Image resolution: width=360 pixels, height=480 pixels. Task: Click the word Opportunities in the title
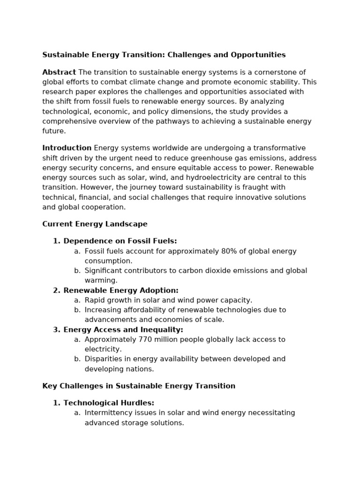tap(258, 55)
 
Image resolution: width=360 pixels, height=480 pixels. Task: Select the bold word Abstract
tap(59, 72)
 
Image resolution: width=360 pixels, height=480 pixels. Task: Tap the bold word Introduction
tap(67, 148)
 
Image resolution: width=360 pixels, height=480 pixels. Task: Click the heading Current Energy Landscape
tap(95, 224)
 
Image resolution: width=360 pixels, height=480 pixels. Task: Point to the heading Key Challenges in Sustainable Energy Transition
tap(139, 386)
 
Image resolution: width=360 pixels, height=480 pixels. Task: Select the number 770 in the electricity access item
tap(146, 339)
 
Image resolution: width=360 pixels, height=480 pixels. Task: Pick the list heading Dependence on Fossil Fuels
tap(120, 241)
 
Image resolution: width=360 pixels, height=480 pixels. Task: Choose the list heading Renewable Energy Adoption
tap(121, 291)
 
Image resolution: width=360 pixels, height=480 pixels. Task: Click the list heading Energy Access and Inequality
tap(123, 330)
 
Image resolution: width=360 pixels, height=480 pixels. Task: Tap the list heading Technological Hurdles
tap(109, 403)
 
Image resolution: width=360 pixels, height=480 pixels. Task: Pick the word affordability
tap(143, 310)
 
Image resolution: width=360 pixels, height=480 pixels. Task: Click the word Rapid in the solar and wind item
tap(95, 300)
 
